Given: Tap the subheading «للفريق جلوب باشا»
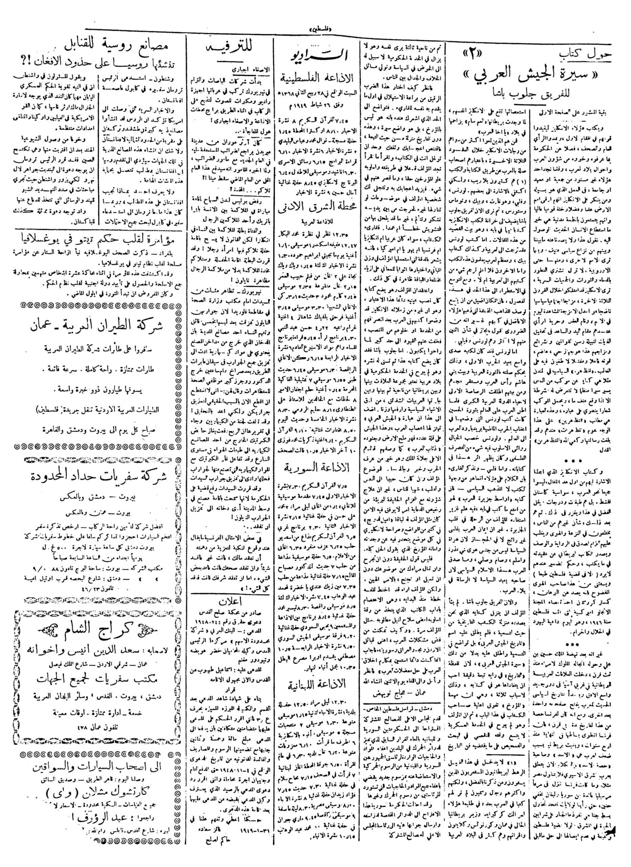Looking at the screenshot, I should [x=533, y=101].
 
